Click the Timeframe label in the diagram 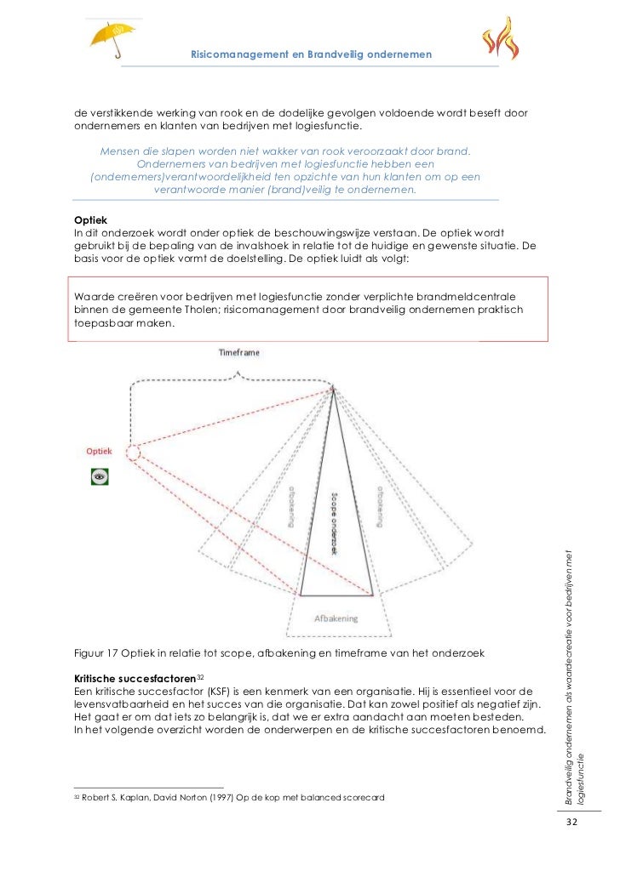[x=239, y=351]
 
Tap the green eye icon [x=100, y=476]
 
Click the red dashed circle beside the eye [x=132, y=448]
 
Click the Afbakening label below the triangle [x=336, y=618]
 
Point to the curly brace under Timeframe [x=230, y=383]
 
